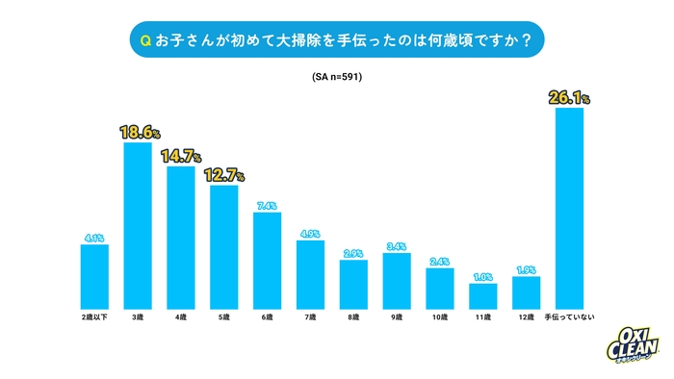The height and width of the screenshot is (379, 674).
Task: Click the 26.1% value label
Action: [x=570, y=97]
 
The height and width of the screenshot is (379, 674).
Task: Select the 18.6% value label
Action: [x=138, y=133]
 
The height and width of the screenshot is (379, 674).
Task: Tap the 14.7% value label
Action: [x=181, y=157]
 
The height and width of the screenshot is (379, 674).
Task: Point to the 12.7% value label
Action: [x=224, y=175]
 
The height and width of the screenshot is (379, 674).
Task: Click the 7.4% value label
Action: [x=268, y=205]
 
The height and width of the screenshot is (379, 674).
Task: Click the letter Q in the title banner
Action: [x=145, y=40]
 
